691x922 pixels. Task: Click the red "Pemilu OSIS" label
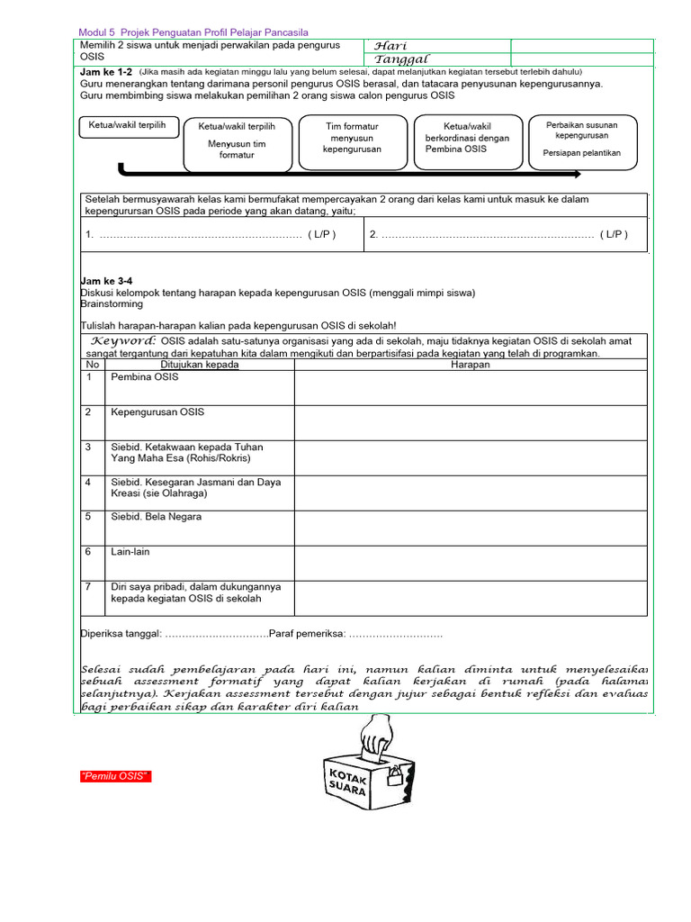[114, 776]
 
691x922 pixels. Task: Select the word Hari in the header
[390, 46]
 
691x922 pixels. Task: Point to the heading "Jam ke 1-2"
[107, 72]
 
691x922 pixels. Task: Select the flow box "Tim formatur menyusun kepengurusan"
[352, 139]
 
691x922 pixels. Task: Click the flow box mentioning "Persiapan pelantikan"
[582, 141]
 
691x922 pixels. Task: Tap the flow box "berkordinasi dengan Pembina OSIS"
[467, 139]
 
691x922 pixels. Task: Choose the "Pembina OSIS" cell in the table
[145, 377]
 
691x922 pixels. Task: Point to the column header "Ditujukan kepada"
[200, 365]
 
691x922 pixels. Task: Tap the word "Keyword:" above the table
[124, 340]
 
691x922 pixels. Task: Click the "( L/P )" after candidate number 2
[611, 234]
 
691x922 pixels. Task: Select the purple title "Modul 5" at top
[98, 32]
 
